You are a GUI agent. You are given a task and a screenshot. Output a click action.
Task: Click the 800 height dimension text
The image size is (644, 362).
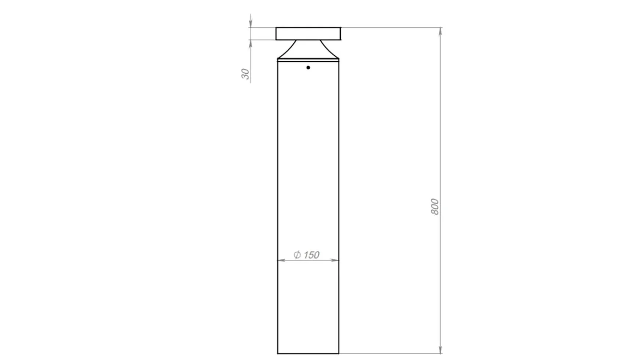[x=434, y=207]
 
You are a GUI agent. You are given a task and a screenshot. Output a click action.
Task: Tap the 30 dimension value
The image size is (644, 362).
[x=245, y=74]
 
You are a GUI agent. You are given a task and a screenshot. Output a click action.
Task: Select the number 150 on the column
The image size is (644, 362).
[x=312, y=255]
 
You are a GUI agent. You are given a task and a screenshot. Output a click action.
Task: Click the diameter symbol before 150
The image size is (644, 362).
[x=297, y=255]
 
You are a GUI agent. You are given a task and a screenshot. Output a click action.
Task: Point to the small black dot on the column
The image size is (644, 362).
[x=308, y=68]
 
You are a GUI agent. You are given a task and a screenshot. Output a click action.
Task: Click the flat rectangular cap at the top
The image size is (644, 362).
[x=308, y=33]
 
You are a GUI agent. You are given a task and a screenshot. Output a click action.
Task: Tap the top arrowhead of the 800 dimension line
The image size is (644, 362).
[x=440, y=31]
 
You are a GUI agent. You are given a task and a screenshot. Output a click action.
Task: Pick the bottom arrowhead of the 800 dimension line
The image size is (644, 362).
[x=440, y=350]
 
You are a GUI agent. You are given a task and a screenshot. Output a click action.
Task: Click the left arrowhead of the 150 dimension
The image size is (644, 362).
[x=281, y=260]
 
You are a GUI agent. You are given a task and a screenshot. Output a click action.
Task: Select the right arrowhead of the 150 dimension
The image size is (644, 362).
[x=335, y=260]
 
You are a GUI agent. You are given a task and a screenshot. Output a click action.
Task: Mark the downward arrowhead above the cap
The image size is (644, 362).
[x=250, y=24]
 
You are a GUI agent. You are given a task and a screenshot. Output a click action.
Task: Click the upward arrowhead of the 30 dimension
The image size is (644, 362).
[x=250, y=43]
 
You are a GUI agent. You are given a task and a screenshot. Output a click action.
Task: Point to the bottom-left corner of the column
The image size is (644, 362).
[x=277, y=353]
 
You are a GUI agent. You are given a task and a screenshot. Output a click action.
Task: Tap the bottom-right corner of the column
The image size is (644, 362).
[x=339, y=353]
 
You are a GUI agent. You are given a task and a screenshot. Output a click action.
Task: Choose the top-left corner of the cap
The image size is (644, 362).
[x=276, y=27]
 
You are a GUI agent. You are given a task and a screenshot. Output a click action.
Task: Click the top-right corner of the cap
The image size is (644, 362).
[x=341, y=27]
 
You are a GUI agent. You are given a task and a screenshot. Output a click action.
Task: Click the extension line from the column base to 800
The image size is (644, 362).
[x=389, y=353]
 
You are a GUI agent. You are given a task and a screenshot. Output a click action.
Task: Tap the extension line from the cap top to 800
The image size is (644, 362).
[x=389, y=27]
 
